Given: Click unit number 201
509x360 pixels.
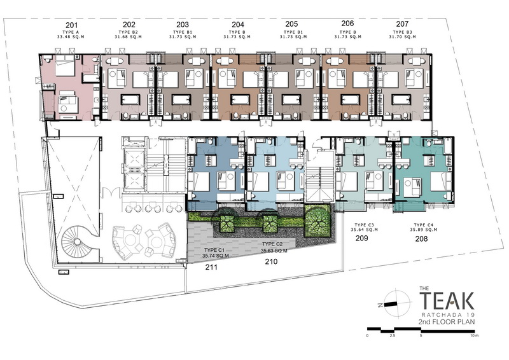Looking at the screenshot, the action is coord(71,25).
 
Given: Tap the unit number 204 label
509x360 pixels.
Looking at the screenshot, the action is coord(238,24).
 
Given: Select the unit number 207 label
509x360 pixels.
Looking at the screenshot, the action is coord(402,24).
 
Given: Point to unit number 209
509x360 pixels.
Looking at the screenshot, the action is coord(361,239).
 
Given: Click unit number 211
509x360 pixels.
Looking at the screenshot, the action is coord(211,267).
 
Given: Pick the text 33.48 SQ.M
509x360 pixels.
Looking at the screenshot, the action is coord(71,37).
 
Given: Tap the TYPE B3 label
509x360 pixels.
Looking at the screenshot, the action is coord(402,32).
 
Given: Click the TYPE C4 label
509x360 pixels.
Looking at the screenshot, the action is coord(423,225).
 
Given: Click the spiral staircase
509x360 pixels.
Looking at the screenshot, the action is coord(76,242).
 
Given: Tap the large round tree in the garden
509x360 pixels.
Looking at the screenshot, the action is coord(317,220).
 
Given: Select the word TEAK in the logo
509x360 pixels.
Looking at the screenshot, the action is coord(447,301).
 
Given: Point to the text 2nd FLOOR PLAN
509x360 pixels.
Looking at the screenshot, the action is coord(447,322).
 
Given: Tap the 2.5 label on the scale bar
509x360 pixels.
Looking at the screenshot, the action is coord(393,336).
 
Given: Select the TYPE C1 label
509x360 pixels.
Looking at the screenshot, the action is coord(214,250).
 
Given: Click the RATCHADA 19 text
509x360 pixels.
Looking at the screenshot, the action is coord(449,315).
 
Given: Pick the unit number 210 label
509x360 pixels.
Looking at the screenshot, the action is coord(271,261).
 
